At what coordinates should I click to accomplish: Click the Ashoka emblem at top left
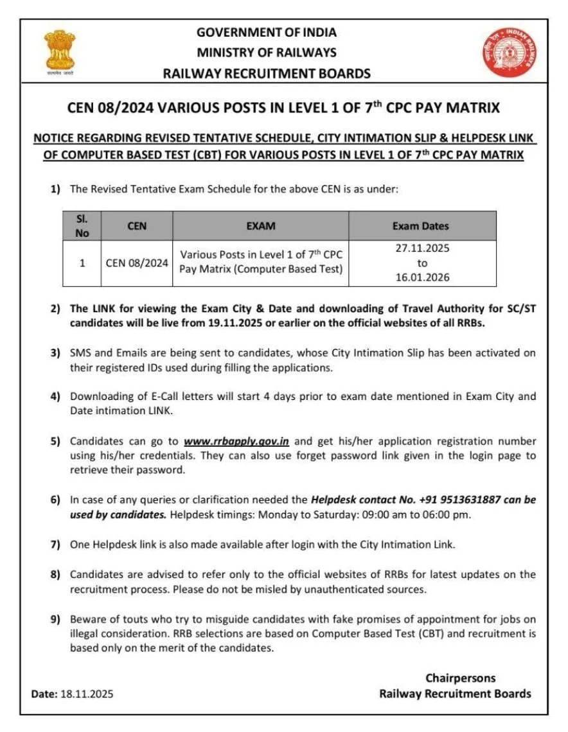[60, 51]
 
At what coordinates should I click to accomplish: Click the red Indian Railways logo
[508, 52]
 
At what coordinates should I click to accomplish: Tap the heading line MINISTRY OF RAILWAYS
[267, 53]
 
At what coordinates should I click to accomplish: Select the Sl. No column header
[82, 226]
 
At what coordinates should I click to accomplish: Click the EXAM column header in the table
[260, 226]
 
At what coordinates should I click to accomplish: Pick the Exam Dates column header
[421, 226]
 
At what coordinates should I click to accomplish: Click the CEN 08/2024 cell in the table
[137, 263]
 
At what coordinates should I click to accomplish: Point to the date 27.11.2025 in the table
[421, 248]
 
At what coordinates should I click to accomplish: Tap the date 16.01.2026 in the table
[421, 277]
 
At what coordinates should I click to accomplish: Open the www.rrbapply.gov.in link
[236, 441]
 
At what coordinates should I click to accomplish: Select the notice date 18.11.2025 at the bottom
[87, 694]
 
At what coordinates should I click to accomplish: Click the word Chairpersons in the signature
[460, 678]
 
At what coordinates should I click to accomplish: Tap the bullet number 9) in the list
[56, 620]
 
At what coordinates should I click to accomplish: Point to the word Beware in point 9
[86, 620]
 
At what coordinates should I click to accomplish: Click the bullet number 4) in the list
[56, 396]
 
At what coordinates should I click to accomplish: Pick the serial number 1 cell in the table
[82, 263]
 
